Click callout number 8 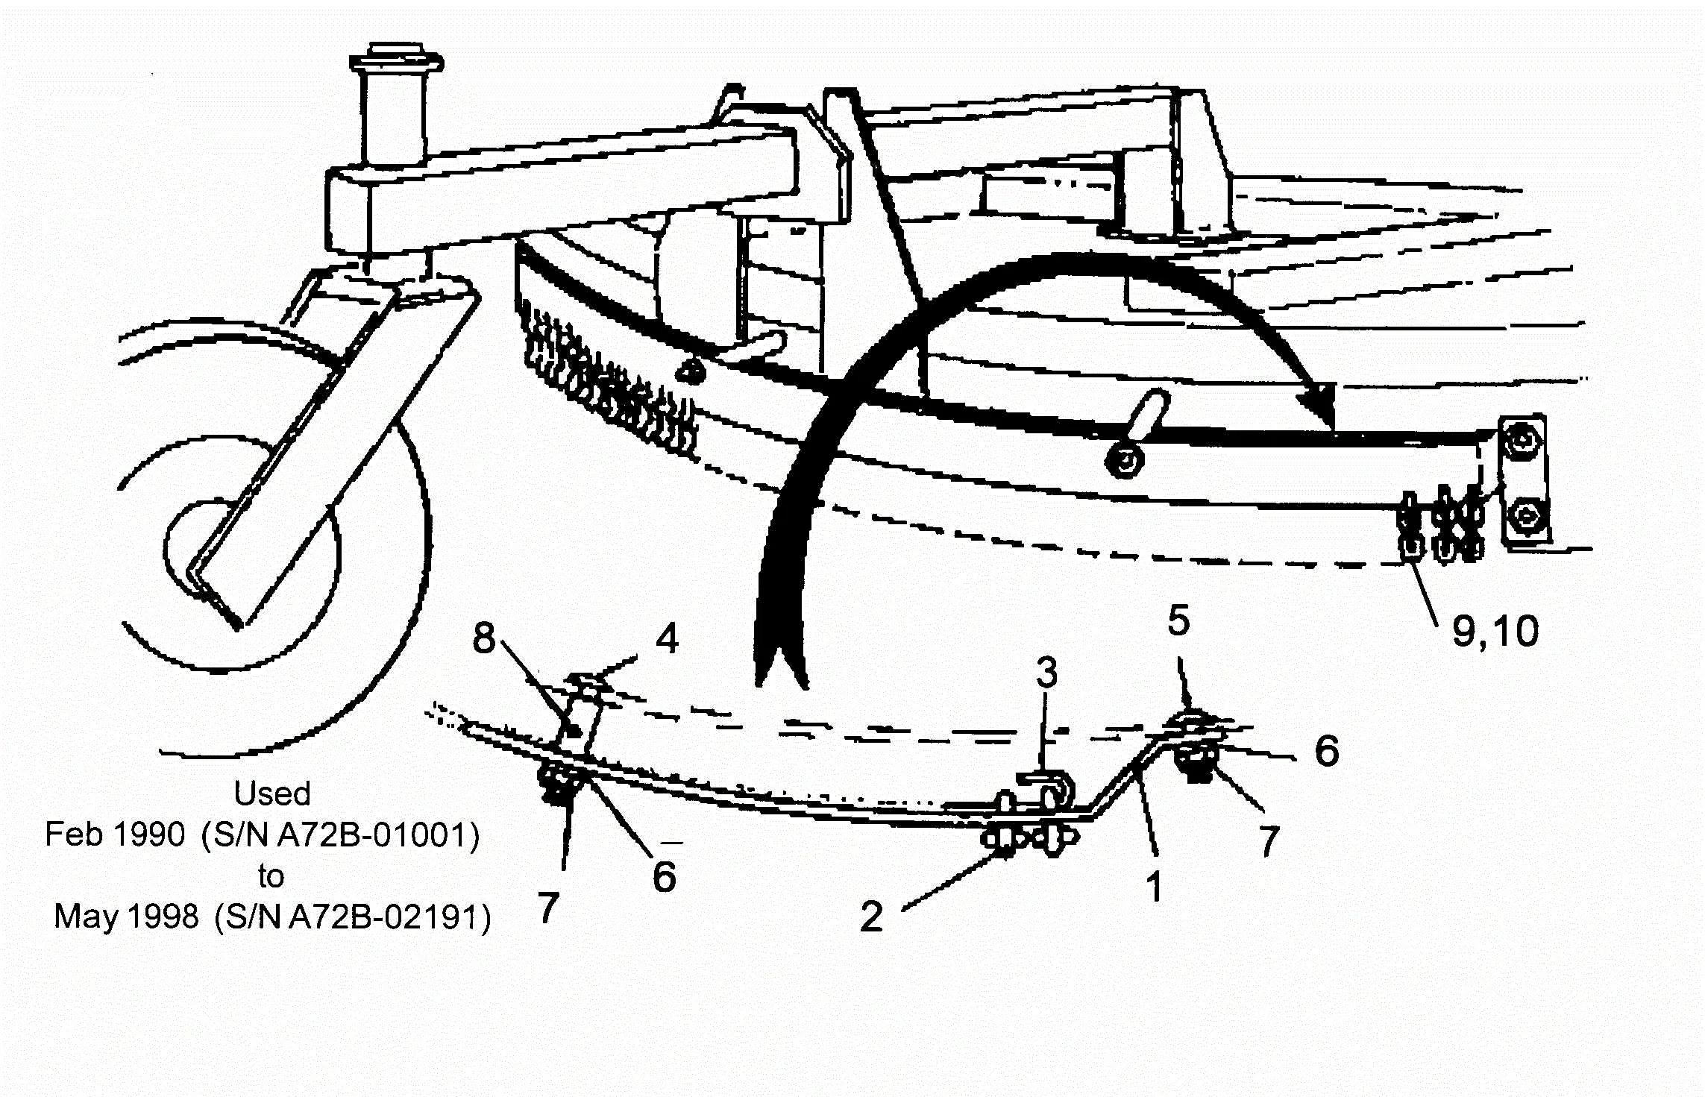[484, 638]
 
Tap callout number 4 [667, 638]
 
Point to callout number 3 [1046, 673]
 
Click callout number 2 [871, 917]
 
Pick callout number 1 [1155, 887]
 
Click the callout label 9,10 [1495, 632]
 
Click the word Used [272, 793]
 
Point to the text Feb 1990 [115, 834]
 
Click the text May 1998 [126, 917]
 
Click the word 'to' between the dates [271, 876]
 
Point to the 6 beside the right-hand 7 [1327, 750]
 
